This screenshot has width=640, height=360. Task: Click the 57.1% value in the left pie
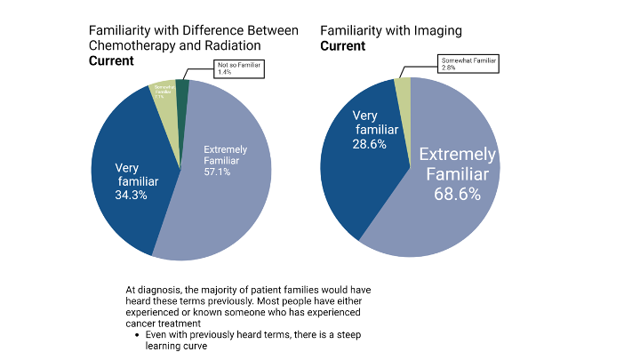click(217, 172)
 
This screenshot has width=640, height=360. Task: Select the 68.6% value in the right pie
click(457, 193)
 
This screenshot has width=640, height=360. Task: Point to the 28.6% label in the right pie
click(370, 144)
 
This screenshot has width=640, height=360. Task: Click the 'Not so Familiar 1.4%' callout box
click(240, 69)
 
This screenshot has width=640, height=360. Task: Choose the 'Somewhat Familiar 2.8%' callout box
click(469, 63)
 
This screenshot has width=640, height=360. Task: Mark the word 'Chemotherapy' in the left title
click(129, 45)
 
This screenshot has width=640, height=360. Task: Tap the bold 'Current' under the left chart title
click(111, 60)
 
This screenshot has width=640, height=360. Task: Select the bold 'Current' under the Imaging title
click(342, 45)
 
